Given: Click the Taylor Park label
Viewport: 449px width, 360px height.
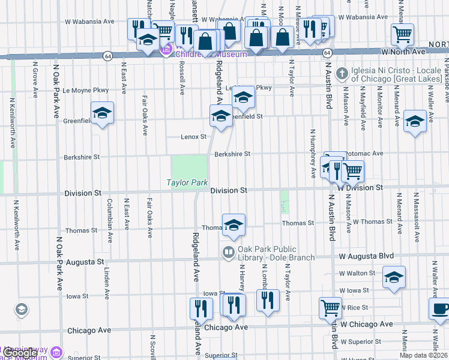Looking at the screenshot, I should (187, 182).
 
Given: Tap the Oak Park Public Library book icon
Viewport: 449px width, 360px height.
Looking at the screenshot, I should (228, 252).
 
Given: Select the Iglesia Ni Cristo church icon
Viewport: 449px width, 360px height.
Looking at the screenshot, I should (342, 74).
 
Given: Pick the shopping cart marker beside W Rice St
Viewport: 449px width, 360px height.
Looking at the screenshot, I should (330, 307).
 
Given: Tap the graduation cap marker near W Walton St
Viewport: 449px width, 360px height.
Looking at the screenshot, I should (394, 277).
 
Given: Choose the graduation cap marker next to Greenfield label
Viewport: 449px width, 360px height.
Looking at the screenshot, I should (103, 113).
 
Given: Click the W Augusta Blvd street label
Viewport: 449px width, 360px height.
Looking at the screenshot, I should (367, 256).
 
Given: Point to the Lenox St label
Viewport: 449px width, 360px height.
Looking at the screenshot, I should (193, 137).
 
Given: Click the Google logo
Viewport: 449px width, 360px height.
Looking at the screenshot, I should (19, 353).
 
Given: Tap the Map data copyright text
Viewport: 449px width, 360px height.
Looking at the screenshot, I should (422, 355).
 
